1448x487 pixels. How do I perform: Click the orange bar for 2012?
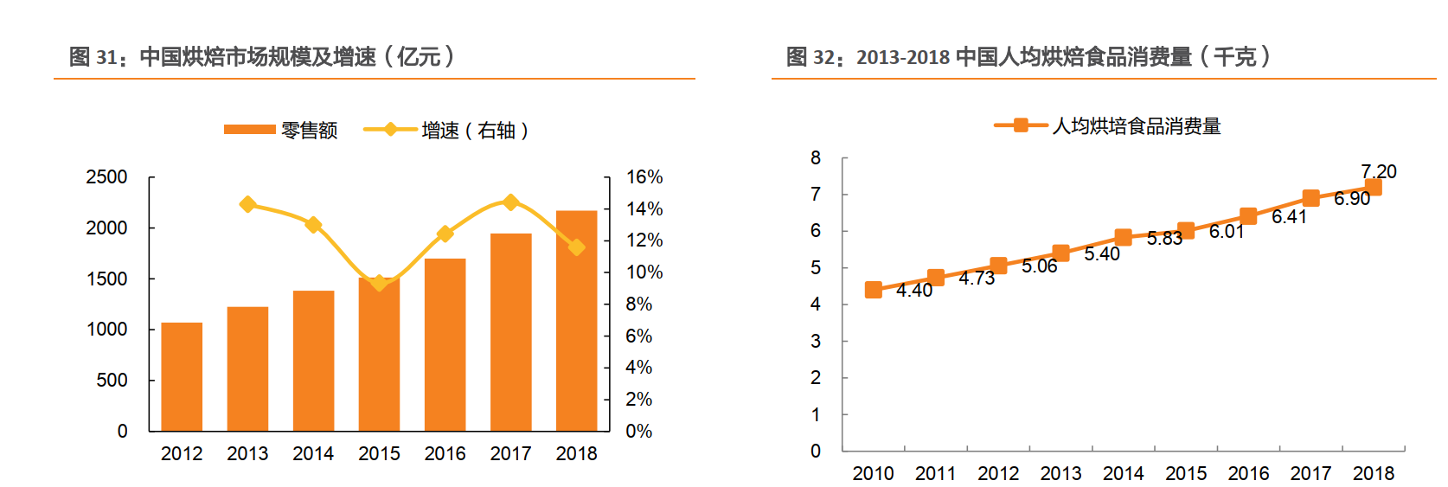point(182,377)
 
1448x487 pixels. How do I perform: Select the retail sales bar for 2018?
point(576,321)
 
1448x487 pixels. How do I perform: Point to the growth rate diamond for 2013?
point(247,205)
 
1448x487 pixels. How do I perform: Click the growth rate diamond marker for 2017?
point(510,202)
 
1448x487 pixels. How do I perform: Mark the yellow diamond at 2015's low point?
point(379,283)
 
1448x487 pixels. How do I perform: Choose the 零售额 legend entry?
point(281,130)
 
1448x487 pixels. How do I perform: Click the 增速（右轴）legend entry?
point(446,130)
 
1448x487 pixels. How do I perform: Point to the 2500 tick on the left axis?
point(107,177)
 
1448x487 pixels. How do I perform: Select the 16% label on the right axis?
point(644,177)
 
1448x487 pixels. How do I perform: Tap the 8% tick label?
point(639,304)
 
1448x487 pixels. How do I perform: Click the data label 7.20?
point(1378,171)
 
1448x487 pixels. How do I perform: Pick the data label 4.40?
point(914,291)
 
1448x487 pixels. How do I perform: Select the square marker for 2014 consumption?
point(1123,237)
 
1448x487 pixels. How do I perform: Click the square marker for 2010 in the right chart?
point(874,290)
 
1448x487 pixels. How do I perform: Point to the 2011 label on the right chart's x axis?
point(936,473)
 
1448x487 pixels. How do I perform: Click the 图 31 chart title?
point(261,57)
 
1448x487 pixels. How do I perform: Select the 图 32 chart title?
point(1028,57)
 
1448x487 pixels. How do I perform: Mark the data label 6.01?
point(1227,232)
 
